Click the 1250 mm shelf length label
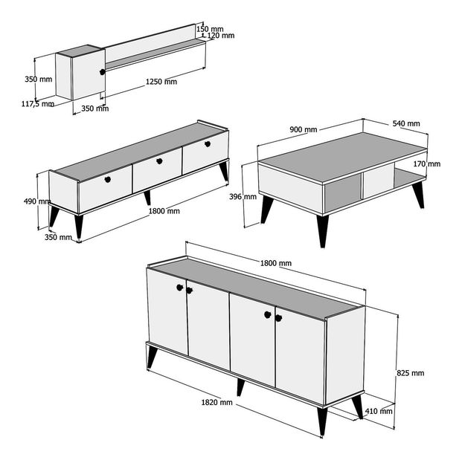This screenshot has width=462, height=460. click(x=161, y=82)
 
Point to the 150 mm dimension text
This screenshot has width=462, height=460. click(x=211, y=29)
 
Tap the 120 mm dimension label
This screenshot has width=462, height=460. click(x=221, y=35)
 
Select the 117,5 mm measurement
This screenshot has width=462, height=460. click(x=37, y=104)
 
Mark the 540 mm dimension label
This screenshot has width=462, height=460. click(x=405, y=123)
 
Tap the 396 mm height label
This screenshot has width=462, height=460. click(x=243, y=197)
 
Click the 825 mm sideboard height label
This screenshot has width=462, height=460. click(x=409, y=373)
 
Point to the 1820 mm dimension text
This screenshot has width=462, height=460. click(x=216, y=402)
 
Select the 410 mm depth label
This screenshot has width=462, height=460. click(x=379, y=411)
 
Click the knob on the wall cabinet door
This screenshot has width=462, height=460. click(x=101, y=72)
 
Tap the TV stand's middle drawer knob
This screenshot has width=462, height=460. click(x=158, y=160)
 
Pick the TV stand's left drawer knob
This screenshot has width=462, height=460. click(x=107, y=179)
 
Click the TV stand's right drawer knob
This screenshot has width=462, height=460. click(x=208, y=143)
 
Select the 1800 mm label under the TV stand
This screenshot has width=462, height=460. click(x=164, y=211)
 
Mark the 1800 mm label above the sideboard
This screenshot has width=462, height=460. click(x=276, y=263)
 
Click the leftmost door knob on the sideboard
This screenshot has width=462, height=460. click(x=180, y=287)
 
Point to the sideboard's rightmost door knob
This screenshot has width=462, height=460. click(x=279, y=318)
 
